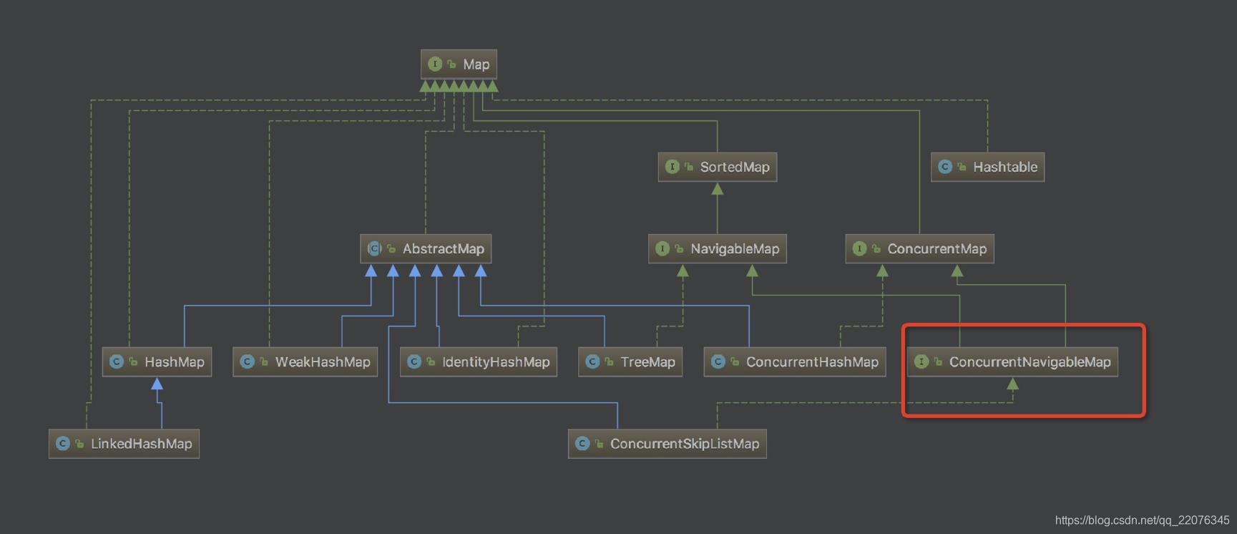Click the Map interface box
click(x=459, y=64)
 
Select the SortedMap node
click(x=717, y=167)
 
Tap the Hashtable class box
click(x=987, y=167)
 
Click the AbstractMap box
click(x=426, y=248)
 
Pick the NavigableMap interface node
click(x=717, y=248)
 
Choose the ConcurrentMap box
click(x=919, y=248)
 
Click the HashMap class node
click(x=157, y=361)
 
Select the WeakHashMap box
click(x=305, y=361)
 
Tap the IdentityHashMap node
click(x=479, y=361)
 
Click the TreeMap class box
click(x=630, y=361)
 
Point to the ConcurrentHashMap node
click(x=795, y=361)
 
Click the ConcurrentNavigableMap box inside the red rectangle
click(x=1012, y=361)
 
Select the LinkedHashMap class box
click(x=124, y=444)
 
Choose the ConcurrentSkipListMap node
click(x=667, y=444)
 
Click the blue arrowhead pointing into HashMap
click(x=157, y=384)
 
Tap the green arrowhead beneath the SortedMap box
click(x=717, y=189)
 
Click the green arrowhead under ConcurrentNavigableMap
click(x=1012, y=384)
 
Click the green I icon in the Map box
click(x=435, y=64)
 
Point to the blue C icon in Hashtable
click(x=945, y=167)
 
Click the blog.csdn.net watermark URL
click(x=1142, y=520)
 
